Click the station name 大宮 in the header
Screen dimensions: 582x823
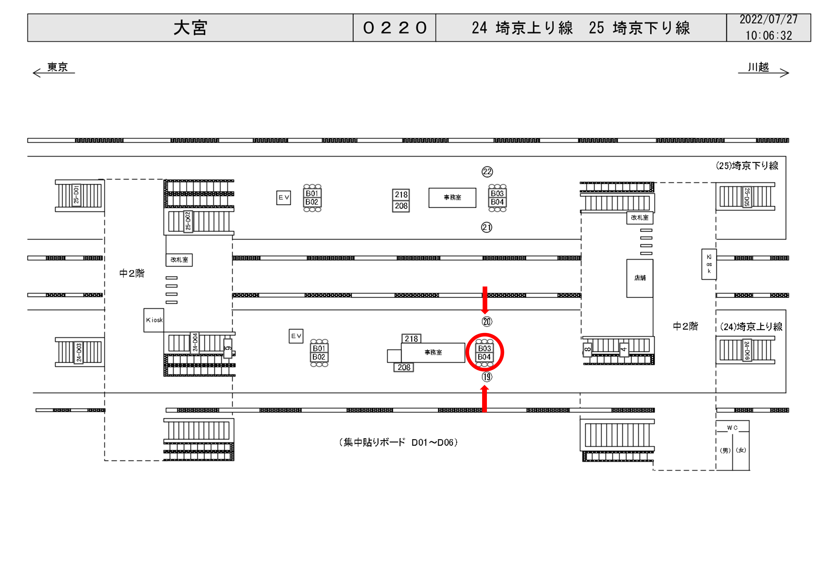190,28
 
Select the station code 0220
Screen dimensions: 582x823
394,28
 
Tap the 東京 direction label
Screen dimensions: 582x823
57,67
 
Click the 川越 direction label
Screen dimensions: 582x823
758,67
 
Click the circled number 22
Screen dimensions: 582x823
487,172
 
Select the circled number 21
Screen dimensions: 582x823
486,227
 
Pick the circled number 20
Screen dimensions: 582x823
487,322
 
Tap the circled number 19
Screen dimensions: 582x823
487,377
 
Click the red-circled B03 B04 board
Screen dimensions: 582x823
484,353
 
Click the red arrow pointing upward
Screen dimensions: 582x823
485,399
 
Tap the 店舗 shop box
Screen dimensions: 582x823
640,278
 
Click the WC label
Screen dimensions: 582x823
732,428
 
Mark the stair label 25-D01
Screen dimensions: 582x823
76,194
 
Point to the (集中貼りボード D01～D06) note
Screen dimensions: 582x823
398,442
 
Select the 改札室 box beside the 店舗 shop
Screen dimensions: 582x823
640,218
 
